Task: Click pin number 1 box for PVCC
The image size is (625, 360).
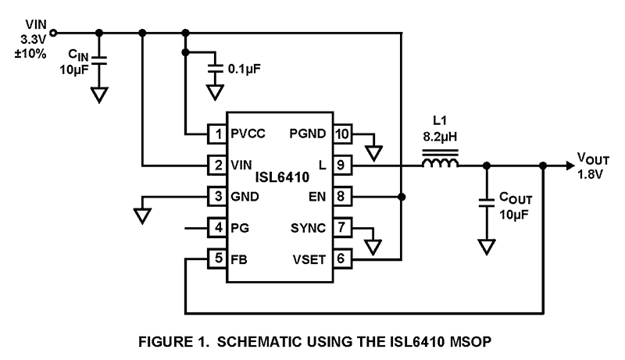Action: [216, 134]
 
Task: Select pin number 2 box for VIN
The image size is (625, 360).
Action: [216, 165]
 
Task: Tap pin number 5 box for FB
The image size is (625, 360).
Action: [216, 257]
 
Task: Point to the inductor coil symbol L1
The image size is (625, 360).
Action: [440, 162]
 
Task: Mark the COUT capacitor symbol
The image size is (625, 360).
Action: [486, 208]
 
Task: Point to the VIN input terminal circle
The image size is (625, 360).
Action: [53, 33]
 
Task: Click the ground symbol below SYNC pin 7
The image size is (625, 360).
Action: [373, 246]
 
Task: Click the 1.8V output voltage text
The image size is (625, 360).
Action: [591, 173]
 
